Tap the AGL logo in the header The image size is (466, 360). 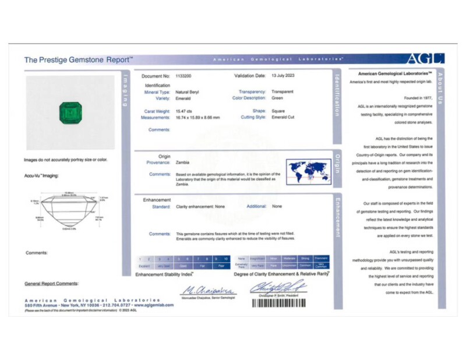[425, 58]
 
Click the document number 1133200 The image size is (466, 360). [186, 76]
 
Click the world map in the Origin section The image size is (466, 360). [309, 172]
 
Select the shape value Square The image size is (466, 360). [279, 111]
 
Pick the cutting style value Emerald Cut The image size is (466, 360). [283, 117]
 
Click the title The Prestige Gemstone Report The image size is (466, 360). [78, 59]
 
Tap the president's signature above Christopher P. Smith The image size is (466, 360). [278, 287]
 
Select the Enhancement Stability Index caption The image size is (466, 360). [164, 274]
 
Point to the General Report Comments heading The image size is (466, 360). [51, 284]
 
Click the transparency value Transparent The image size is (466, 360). [283, 92]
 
